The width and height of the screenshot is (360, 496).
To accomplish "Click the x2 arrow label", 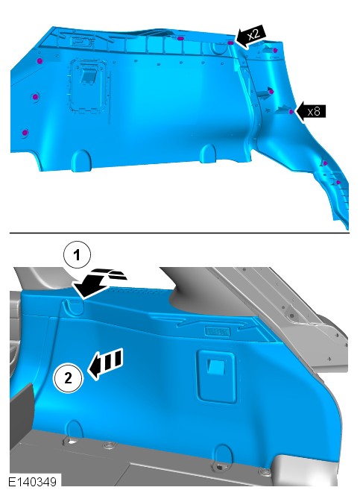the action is click(x=252, y=36).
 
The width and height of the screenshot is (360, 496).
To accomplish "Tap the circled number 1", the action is click(x=77, y=255).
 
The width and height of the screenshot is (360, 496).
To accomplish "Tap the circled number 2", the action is click(x=69, y=378).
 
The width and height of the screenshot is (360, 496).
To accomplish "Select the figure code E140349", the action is click(x=32, y=482).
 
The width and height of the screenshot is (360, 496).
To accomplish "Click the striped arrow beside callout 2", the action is click(x=104, y=363).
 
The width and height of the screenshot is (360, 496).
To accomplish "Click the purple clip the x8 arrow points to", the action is click(x=291, y=112).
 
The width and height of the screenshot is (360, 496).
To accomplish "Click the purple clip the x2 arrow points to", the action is click(x=231, y=43).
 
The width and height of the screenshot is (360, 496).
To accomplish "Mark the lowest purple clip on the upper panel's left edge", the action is click(x=25, y=133).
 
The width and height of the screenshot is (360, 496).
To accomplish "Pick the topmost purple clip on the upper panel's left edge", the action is click(x=40, y=60).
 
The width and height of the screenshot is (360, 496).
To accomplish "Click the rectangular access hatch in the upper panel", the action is click(x=88, y=86).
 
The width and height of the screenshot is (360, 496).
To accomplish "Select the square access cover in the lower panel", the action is click(x=216, y=376).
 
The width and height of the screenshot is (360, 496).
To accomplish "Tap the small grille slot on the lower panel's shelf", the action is click(x=217, y=331).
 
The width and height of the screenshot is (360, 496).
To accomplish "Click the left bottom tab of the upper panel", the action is click(x=81, y=160).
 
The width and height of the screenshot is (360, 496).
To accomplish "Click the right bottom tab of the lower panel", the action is click(x=222, y=454).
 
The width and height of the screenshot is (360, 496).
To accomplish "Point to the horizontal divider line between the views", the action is click(x=180, y=233).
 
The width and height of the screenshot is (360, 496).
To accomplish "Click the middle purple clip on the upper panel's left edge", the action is click(x=35, y=96).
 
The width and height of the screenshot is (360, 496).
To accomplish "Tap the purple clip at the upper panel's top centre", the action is click(x=180, y=39).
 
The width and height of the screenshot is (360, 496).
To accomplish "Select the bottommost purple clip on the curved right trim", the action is click(x=338, y=183).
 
